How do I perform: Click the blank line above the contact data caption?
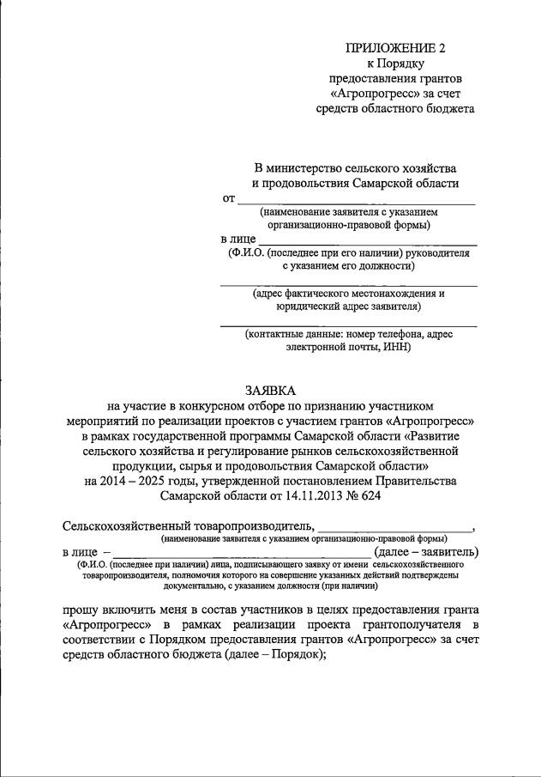(349, 325)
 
